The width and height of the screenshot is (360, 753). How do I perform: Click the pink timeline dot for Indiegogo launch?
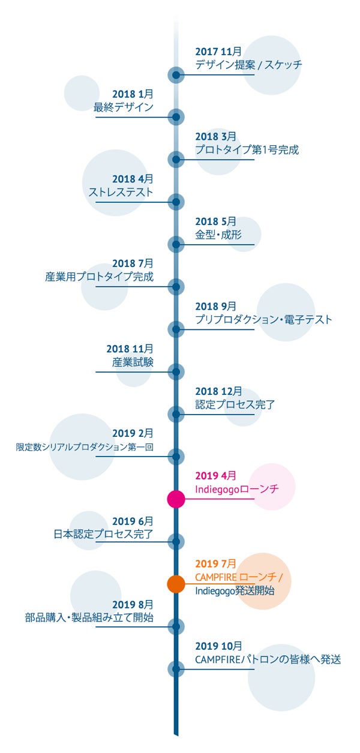(176, 499)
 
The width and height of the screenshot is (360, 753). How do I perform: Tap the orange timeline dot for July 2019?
(176, 584)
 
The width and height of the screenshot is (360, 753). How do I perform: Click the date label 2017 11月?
(218, 52)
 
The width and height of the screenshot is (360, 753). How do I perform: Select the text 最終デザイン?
(124, 107)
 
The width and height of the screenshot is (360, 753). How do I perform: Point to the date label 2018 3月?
(216, 136)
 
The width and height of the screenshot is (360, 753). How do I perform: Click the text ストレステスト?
(121, 192)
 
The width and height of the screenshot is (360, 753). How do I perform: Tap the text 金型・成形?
(218, 235)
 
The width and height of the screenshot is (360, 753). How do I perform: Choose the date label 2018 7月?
(133, 263)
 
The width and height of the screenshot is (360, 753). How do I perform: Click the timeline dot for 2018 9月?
(176, 329)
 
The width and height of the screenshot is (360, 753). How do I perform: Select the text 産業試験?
(133, 362)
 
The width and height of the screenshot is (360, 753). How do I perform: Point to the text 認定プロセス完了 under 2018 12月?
(235, 404)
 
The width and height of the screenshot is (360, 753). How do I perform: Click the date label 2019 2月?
(133, 433)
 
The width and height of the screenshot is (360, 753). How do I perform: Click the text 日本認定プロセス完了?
(104, 534)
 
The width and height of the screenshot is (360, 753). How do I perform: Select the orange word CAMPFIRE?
(216, 577)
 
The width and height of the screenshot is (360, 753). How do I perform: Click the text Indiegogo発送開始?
(235, 590)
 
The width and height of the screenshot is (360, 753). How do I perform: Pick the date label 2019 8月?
(133, 604)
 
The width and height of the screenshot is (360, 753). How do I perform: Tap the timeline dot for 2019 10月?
(176, 669)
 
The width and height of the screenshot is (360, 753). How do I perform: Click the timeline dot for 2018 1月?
(176, 117)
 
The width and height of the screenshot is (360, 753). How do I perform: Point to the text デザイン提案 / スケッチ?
(249, 65)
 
